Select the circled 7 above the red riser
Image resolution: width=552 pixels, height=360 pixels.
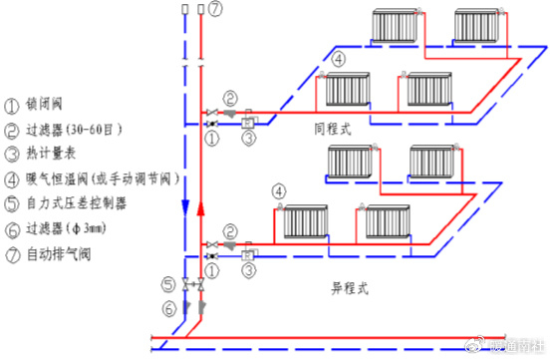[216, 10]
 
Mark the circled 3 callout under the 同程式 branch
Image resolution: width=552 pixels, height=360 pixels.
[249, 139]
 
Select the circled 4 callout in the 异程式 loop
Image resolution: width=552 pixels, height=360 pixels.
[280, 189]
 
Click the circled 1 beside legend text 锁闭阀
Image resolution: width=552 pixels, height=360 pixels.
[12, 104]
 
